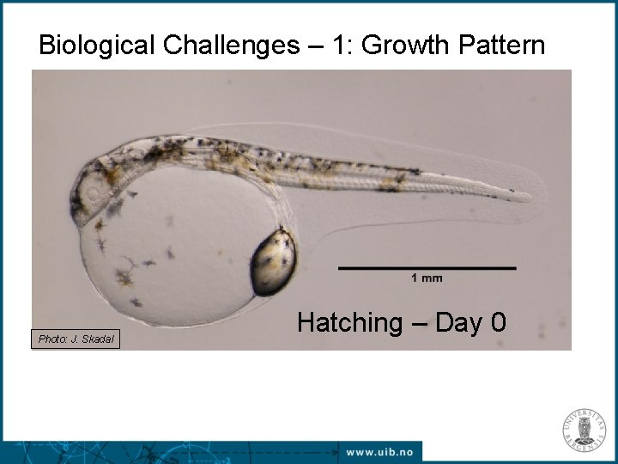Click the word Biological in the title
click(95, 45)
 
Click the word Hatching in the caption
click(349, 323)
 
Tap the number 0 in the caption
click(498, 323)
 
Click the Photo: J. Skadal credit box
click(76, 339)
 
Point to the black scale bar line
click(427, 268)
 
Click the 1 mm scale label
click(427, 278)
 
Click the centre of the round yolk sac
click(167, 249)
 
